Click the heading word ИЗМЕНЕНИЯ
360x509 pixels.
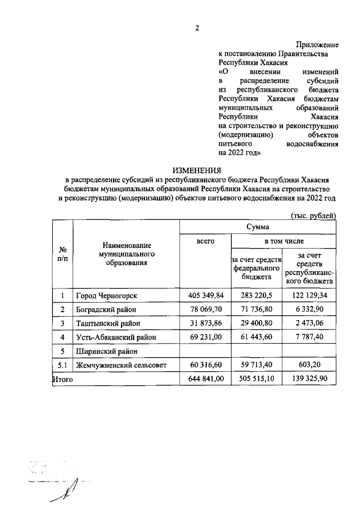[x=197, y=170]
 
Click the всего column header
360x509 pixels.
[x=205, y=241]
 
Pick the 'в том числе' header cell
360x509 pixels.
[x=283, y=241]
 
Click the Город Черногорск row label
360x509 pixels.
[x=107, y=296]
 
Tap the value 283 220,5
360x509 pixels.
[x=258, y=296]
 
